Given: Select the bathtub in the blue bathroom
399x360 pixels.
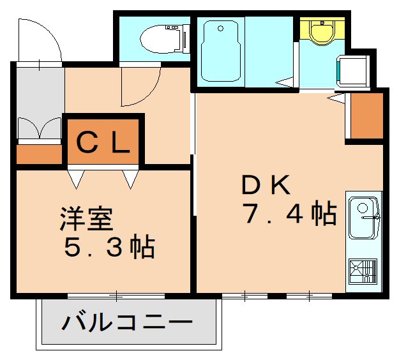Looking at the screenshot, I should pyautogui.click(x=220, y=50).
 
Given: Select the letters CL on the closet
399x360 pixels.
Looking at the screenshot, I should pyautogui.click(x=103, y=142).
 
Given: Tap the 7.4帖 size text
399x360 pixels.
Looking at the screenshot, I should pyautogui.click(x=289, y=214).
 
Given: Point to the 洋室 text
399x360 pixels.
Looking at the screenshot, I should pyautogui.click(x=87, y=220).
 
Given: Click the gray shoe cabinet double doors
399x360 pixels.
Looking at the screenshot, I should pyautogui.click(x=39, y=128).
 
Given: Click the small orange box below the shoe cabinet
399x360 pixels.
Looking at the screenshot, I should pyautogui.click(x=38, y=154).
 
